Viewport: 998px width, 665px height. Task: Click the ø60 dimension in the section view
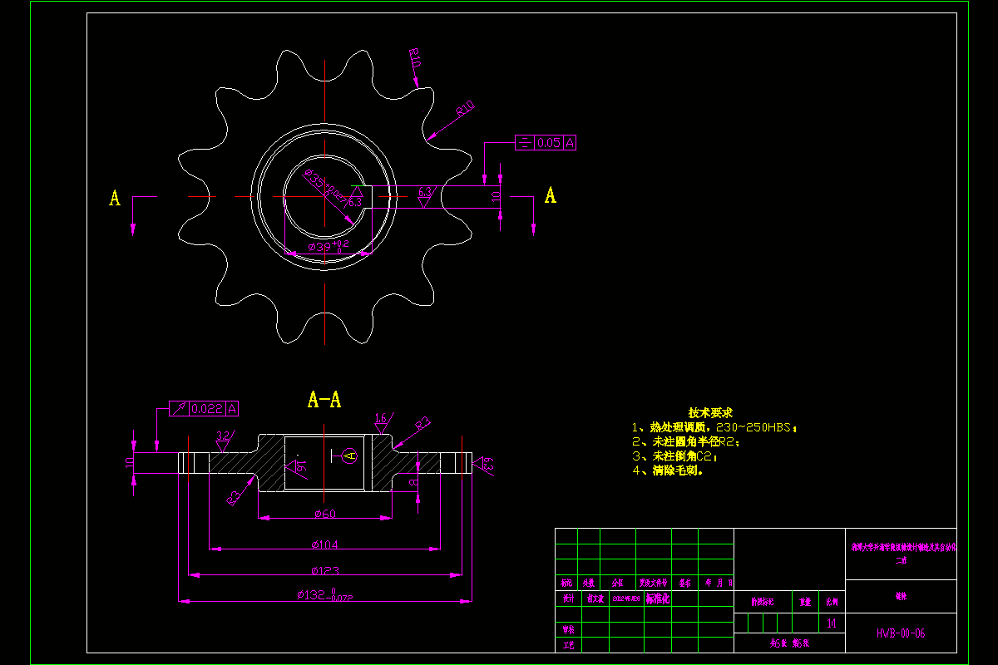click(324, 514)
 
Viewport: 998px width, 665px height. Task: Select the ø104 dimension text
click(324, 544)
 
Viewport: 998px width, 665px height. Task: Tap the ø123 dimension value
click(324, 571)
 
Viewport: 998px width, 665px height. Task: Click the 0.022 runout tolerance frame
click(205, 408)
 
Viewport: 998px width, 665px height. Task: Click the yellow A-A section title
click(324, 400)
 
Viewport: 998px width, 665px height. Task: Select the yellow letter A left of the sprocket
click(115, 198)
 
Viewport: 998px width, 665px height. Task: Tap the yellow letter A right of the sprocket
click(550, 195)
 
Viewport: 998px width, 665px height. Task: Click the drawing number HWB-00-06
click(900, 633)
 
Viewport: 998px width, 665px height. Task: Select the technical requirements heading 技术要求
click(709, 413)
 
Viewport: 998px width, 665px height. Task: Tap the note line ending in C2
click(674, 456)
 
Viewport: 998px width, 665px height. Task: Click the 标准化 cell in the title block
click(657, 598)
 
